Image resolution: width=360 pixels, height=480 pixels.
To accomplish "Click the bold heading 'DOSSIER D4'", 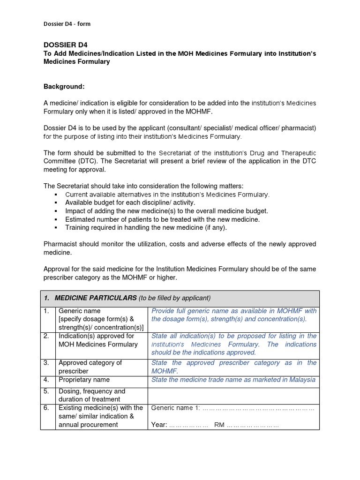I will pyautogui.click(x=66, y=45).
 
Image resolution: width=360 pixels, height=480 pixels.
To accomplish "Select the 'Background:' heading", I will pyautogui.click(x=64, y=87).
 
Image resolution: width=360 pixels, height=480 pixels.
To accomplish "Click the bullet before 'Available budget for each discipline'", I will pyautogui.click(x=56, y=203).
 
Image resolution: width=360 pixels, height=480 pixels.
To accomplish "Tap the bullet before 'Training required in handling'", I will pyautogui.click(x=56, y=228).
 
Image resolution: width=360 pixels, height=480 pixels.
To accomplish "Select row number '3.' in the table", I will pyautogui.click(x=46, y=363).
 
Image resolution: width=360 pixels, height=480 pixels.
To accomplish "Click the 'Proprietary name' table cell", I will pyautogui.click(x=84, y=380).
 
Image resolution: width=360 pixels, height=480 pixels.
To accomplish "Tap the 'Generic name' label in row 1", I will pyautogui.click(x=79, y=311).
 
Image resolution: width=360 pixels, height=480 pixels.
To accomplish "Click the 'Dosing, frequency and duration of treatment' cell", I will pyautogui.click(x=92, y=395).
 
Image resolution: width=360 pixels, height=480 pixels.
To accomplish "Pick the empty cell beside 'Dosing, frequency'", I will pyautogui.click(x=233, y=395).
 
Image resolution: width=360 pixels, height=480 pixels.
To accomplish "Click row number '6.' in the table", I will pyautogui.click(x=46, y=408).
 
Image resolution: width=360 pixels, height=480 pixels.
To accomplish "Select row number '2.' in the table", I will pyautogui.click(x=46, y=336).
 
